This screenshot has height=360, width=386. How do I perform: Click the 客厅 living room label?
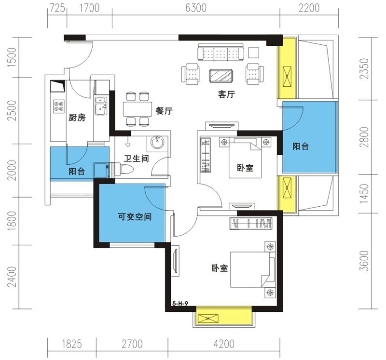click(226, 94)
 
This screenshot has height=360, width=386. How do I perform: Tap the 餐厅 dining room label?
click(164, 111)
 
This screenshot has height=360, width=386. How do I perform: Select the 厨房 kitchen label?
click(77, 118)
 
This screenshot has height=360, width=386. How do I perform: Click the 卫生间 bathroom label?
click(136, 158)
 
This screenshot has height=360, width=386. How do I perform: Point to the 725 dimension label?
click(57, 8)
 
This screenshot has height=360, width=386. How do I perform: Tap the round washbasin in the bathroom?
click(158, 142)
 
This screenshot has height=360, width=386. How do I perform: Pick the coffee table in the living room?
click(222, 75)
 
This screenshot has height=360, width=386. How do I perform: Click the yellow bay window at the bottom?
click(223, 319)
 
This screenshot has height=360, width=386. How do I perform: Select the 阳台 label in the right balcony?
click(301, 147)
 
